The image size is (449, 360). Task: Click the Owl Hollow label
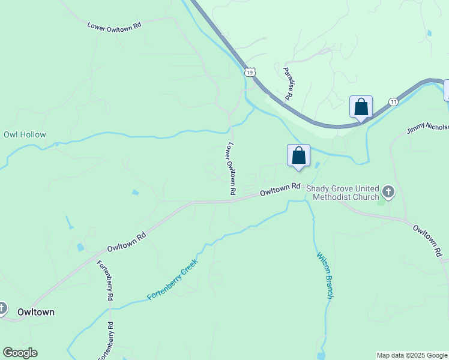coord(25,135)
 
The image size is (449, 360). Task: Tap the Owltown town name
coord(36,313)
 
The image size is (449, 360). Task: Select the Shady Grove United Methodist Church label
coord(343,192)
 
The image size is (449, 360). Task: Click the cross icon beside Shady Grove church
coord(388,192)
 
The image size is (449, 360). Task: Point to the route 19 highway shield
coord(250,72)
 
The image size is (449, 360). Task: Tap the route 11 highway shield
coord(393,102)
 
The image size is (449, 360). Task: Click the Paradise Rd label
coord(288,83)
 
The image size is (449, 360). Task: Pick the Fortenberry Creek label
coord(172,279)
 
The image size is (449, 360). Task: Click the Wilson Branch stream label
coord(324,275)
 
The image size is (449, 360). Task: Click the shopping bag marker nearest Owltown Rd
coord(298,156)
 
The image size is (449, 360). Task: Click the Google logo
coord(20,353)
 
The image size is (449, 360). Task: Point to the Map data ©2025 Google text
coord(412,355)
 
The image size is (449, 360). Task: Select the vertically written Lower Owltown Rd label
coord(230,169)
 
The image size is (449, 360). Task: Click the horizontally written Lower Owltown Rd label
coord(114,26)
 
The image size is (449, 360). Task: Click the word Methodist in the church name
coord(342,197)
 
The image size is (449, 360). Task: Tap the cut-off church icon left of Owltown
coord(2,309)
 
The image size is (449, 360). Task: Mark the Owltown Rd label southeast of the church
coord(427,241)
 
